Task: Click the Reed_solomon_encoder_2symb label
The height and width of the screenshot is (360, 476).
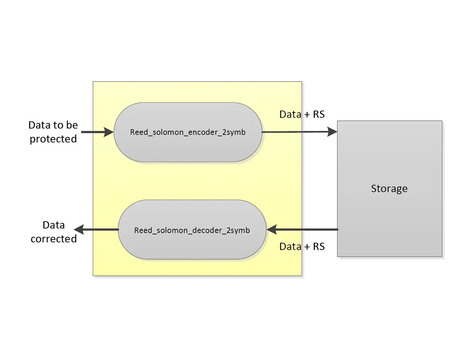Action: point(188,132)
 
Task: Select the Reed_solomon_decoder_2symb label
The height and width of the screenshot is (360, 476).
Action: point(192,230)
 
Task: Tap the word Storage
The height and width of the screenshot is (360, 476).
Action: point(389,189)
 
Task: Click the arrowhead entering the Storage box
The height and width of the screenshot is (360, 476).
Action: point(332,132)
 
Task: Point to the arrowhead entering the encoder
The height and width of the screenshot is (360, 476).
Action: point(109,132)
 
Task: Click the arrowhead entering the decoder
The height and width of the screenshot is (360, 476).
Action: point(272,230)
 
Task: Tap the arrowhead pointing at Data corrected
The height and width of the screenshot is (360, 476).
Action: point(79,230)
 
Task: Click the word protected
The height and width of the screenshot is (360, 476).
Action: point(53,139)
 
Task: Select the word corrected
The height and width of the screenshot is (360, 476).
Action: point(54,239)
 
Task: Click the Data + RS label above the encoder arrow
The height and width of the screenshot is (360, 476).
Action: point(302,114)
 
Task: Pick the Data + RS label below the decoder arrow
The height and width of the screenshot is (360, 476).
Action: point(302,247)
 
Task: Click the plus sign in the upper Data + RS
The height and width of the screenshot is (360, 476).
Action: point(307,115)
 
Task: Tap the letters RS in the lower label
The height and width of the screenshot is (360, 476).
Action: point(319,247)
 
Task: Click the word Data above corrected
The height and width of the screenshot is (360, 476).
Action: point(54,225)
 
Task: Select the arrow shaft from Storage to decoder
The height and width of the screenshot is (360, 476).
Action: point(307,230)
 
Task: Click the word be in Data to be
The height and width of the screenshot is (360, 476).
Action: point(72,125)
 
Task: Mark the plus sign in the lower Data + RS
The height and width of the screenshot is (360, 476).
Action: point(307,247)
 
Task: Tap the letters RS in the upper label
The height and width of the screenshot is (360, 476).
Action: point(319,114)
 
